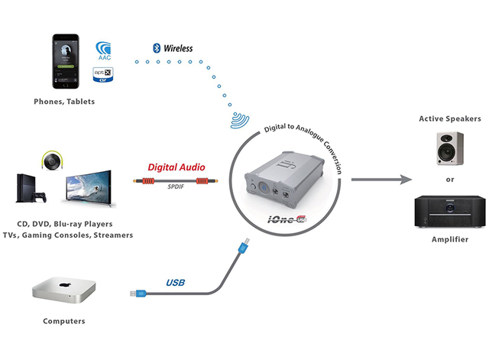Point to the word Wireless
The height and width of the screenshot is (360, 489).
177,48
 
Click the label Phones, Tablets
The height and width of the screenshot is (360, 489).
64,102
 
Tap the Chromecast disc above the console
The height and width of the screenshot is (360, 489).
51,161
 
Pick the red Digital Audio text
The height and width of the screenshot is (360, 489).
176,167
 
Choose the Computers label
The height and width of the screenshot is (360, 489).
64,321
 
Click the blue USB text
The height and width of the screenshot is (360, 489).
175,283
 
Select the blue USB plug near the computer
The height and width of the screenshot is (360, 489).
134,293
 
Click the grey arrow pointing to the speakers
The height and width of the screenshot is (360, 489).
383,180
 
